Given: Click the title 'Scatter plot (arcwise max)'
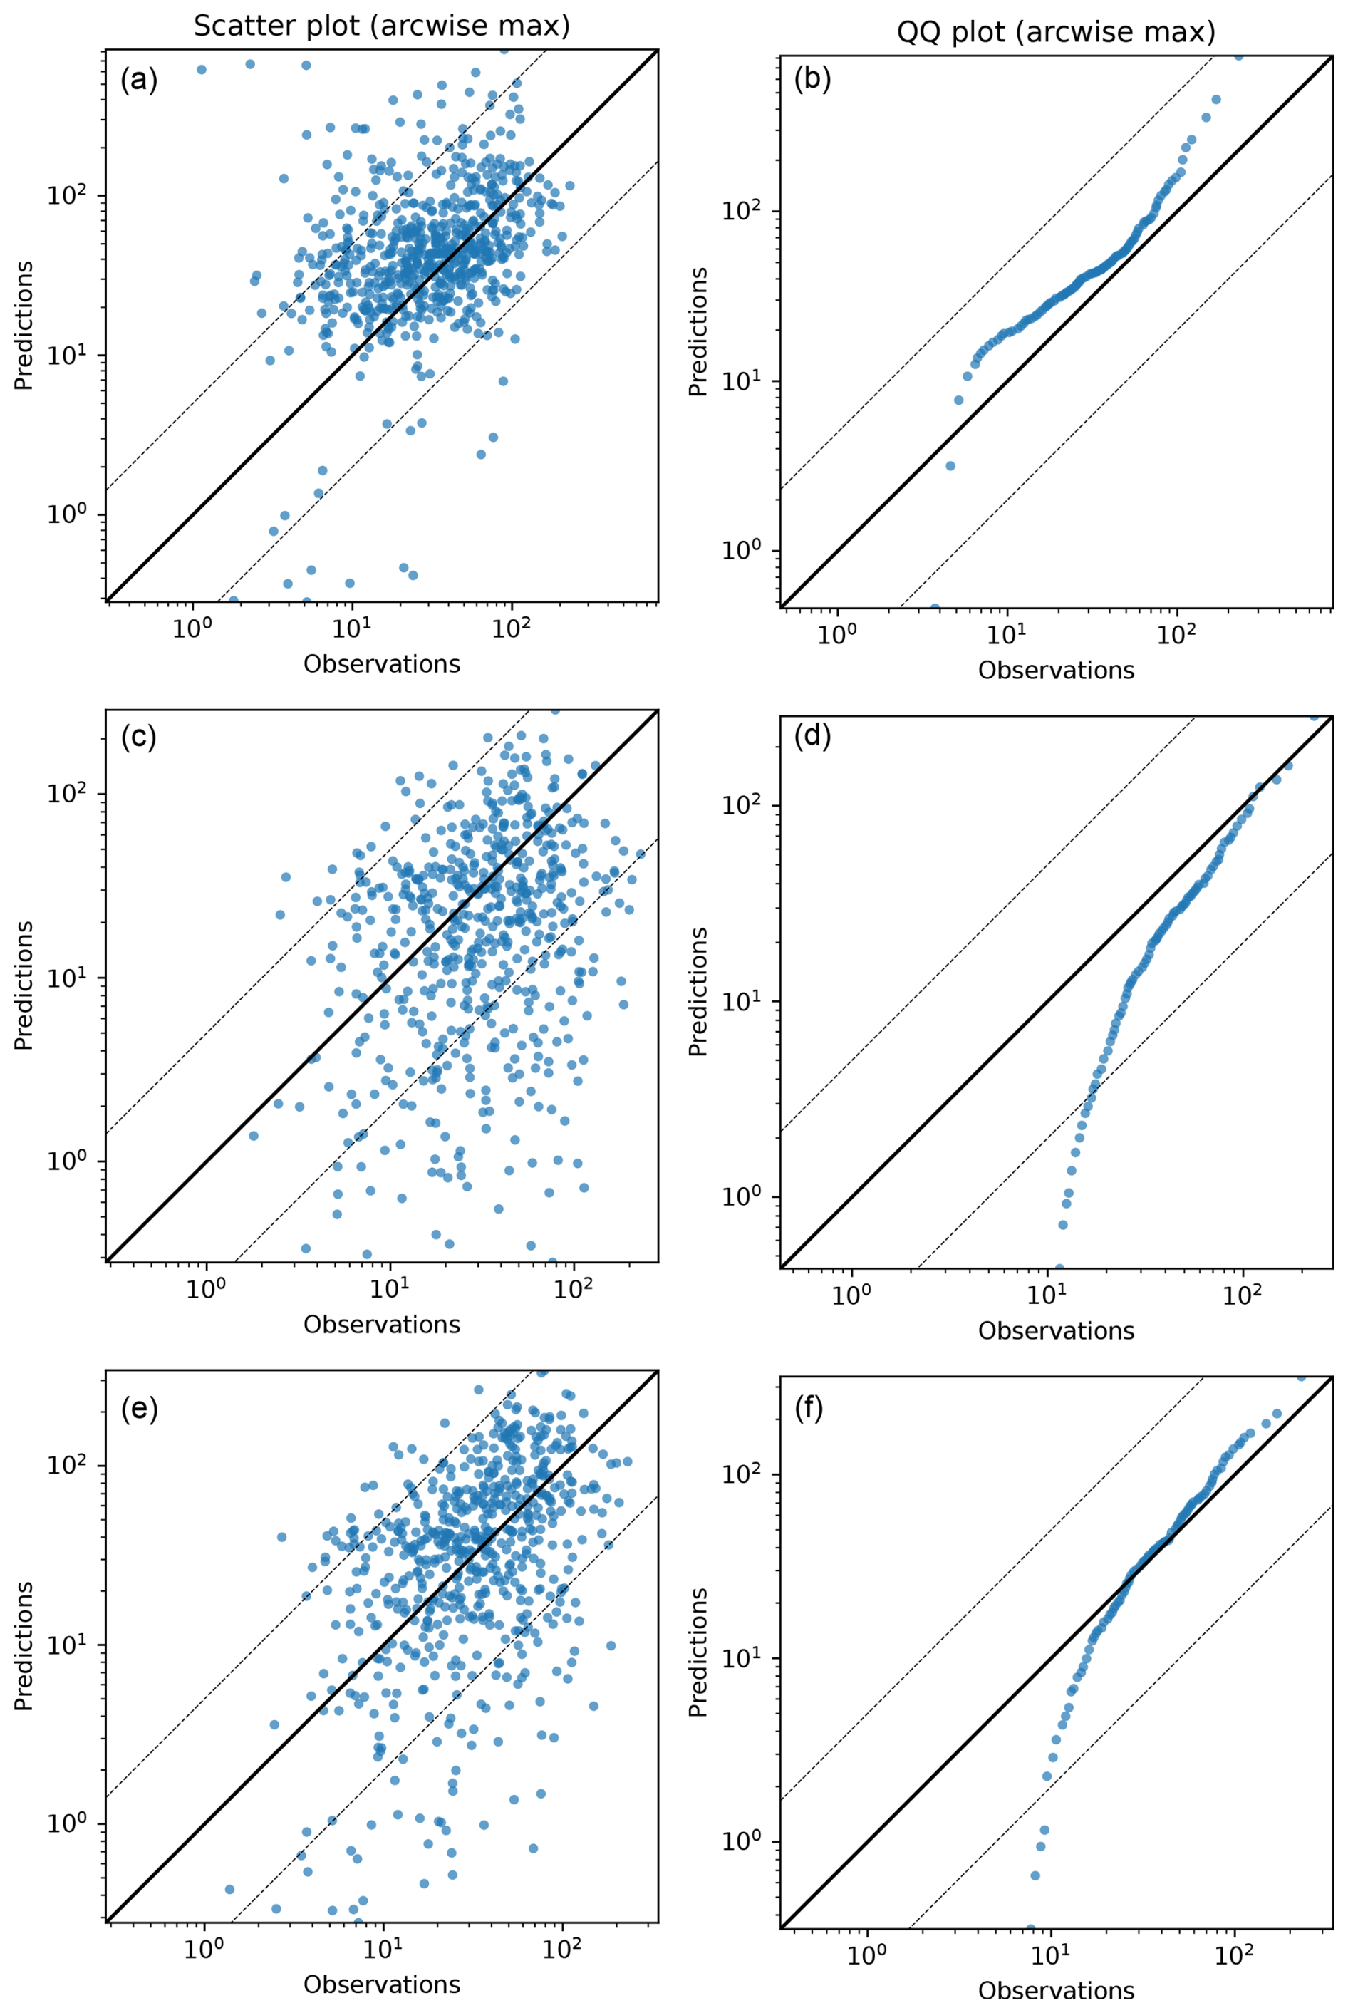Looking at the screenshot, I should pos(382,26).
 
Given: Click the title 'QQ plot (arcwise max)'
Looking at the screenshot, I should pos(1056,32).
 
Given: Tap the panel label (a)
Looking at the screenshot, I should pos(138,80).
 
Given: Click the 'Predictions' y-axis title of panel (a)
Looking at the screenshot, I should pos(24,325).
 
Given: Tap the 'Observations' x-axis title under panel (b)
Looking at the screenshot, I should pos(1056,670).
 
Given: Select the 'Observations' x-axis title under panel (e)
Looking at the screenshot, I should pos(382,1984).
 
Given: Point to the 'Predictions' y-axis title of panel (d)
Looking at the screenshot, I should pos(698,991).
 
